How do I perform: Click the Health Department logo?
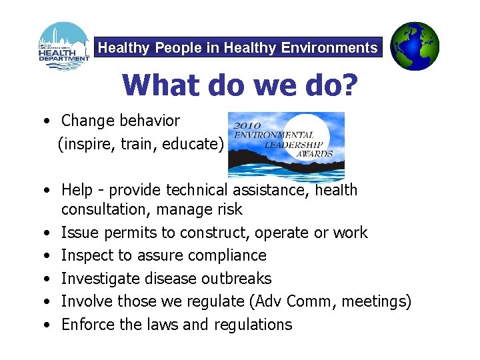[64, 46]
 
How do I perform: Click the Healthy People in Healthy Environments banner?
[238, 48]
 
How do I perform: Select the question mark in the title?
[349, 85]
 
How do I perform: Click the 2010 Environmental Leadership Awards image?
[286, 146]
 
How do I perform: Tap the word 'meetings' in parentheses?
[376, 301]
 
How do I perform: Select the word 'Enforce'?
[87, 325]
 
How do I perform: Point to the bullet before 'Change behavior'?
[43, 122]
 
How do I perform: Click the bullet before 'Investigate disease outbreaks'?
[43, 279]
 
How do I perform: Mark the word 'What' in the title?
[155, 85]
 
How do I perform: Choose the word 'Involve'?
[87, 301]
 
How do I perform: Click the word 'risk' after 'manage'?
[229, 210]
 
